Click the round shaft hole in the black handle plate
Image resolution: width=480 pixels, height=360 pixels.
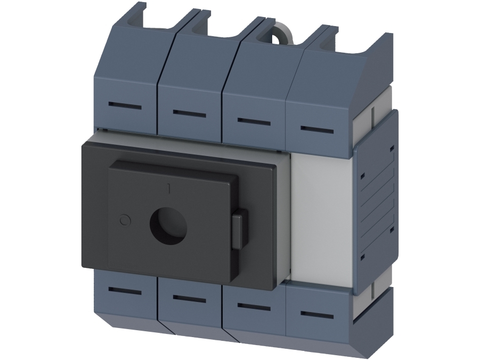click(168, 226)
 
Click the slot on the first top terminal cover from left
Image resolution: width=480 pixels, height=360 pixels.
click(125, 106)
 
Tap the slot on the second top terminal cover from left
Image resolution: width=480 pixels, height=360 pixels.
click(189, 113)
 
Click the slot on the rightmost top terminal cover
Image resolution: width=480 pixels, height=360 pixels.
click(317, 130)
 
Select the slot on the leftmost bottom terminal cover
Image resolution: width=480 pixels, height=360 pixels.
click(125, 291)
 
